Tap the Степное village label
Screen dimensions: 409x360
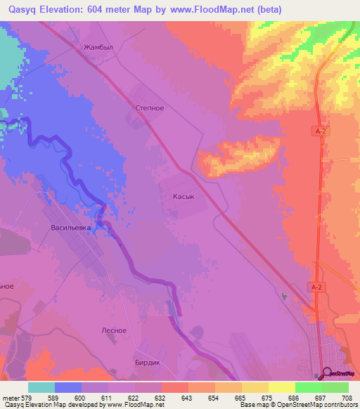149,109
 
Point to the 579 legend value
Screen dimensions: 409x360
27,397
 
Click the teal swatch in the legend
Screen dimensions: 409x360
41,387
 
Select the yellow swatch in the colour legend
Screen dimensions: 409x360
281,387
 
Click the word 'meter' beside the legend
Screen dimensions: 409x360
11,397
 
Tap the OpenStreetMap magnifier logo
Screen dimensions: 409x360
327,372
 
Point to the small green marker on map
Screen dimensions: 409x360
284,297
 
